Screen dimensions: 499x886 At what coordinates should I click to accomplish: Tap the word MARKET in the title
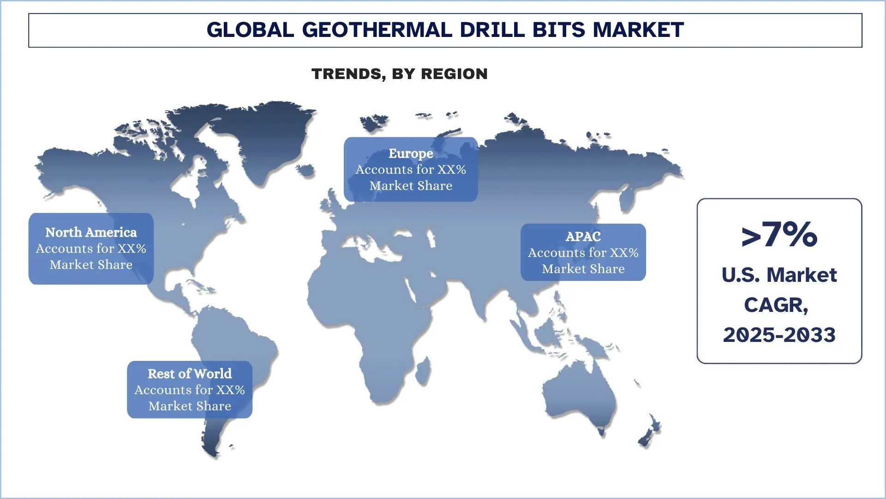[638, 30]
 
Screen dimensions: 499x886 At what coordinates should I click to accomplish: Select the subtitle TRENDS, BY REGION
[400, 74]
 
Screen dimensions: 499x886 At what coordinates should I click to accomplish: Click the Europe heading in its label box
[411, 153]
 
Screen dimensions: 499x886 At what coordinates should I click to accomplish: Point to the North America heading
[91, 232]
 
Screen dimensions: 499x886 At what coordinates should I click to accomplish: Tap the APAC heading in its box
[583, 237]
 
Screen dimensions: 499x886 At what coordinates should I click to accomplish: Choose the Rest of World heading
[190, 374]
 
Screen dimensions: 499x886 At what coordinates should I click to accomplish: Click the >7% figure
[779, 235]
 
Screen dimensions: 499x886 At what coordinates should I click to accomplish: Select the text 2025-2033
[779, 335]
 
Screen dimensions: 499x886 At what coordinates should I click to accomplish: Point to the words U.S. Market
[779, 275]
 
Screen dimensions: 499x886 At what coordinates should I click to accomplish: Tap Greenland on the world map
[258, 139]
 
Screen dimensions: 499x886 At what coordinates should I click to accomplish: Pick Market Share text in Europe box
[411, 186]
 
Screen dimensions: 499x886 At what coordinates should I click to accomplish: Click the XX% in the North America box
[132, 249]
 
